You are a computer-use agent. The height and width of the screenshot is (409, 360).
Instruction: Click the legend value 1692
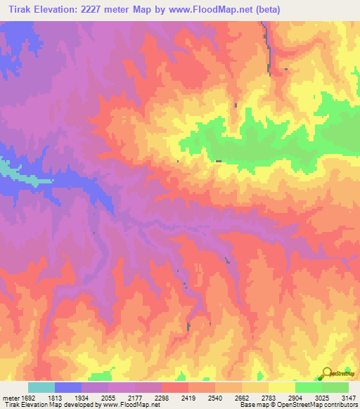coord(22,398)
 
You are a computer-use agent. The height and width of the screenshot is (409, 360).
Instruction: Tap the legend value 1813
coord(55,398)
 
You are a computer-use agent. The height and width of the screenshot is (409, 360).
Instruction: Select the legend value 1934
coord(82,398)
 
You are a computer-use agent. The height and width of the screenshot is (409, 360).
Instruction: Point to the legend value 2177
coord(135,398)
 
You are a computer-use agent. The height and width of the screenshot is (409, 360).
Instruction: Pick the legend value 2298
coord(162,398)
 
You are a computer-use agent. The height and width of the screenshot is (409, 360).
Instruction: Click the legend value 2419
coord(188,398)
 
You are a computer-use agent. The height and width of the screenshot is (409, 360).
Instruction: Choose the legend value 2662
coord(242,398)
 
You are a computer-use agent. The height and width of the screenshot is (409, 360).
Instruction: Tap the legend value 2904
coord(295,398)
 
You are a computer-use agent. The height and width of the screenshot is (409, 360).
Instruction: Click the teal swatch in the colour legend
coord(41,387)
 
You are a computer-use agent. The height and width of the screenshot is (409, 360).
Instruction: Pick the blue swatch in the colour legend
coord(68,387)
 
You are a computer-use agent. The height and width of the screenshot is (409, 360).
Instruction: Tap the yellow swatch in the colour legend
coord(281,387)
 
